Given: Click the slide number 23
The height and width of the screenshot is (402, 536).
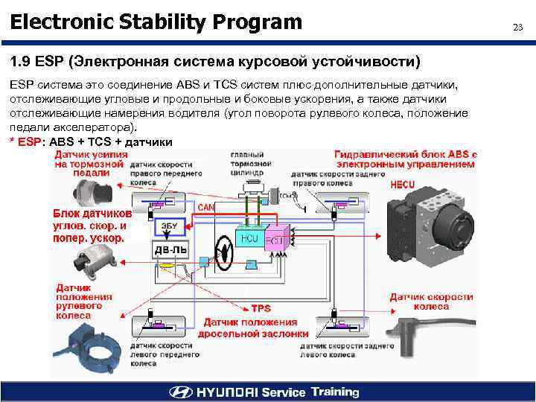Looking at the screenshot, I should (517, 28).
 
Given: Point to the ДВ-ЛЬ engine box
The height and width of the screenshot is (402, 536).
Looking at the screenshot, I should (170, 251).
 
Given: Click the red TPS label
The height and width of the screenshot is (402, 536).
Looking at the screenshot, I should (261, 308).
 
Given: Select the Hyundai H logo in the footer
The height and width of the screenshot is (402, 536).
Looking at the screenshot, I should (180, 392).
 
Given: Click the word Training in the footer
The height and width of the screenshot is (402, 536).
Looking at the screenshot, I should (335, 392).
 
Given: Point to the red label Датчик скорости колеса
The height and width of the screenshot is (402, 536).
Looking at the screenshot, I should (431, 301).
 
